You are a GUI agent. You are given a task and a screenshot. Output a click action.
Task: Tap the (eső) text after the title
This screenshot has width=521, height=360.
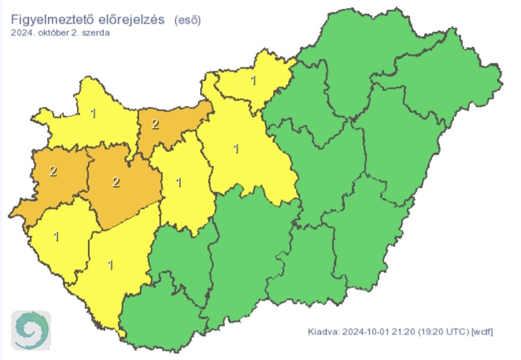click(188, 20)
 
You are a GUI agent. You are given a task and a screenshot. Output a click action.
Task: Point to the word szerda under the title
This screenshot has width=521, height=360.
click(98, 33)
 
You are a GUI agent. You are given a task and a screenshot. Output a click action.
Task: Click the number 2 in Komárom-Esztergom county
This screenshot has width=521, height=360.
click(155, 124)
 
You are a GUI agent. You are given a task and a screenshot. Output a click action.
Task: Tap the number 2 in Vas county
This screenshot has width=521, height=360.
click(52, 171)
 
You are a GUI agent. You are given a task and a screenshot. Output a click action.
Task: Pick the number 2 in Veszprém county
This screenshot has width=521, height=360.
click(115, 182)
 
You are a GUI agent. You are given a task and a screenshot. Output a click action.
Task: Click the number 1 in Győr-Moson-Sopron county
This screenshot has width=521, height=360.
click(93, 113)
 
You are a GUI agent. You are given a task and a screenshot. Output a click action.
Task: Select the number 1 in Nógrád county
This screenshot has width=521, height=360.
click(253, 81)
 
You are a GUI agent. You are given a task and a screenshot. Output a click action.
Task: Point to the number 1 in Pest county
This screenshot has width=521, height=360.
click(236, 148)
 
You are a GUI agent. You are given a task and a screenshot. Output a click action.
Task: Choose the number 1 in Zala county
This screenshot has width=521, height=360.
click(56, 236)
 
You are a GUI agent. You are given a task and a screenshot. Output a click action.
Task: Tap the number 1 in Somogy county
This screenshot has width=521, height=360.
click(111, 264)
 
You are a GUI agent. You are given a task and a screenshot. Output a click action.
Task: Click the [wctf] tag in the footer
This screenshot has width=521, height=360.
click(481, 332)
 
